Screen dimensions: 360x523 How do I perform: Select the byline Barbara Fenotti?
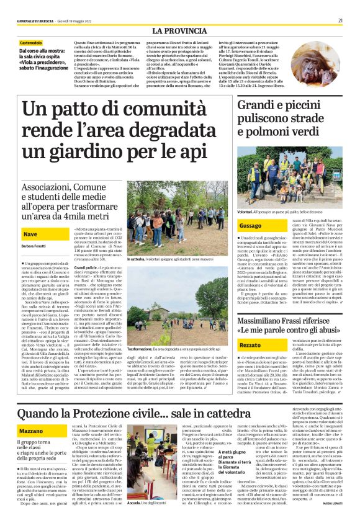35,246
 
